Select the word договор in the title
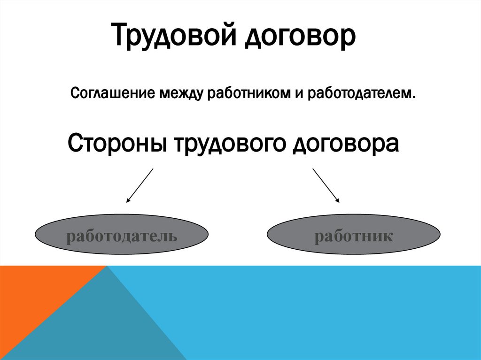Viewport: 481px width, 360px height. (x=300, y=38)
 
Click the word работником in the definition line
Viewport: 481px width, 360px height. (x=248, y=93)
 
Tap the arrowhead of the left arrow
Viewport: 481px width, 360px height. (x=128, y=201)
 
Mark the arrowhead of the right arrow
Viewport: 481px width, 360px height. (x=338, y=201)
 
